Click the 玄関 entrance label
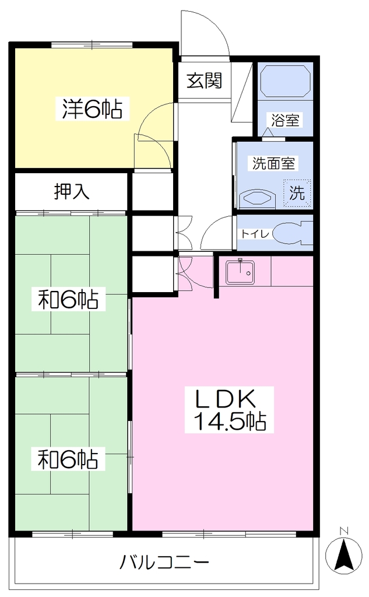pos(204,80)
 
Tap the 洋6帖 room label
pos(92,108)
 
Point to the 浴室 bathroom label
pos(285,120)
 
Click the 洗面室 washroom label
pos(274,163)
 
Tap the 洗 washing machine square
pos(297,193)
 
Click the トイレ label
pos(255,233)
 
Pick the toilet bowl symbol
pos(293,233)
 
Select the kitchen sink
pos(240,272)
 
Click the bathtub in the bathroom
pos(285,81)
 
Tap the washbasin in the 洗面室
pos(257,199)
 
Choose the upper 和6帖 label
pos(68,299)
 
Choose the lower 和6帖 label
pos(68,459)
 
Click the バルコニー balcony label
pos(164,561)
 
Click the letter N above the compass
pos(345,530)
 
